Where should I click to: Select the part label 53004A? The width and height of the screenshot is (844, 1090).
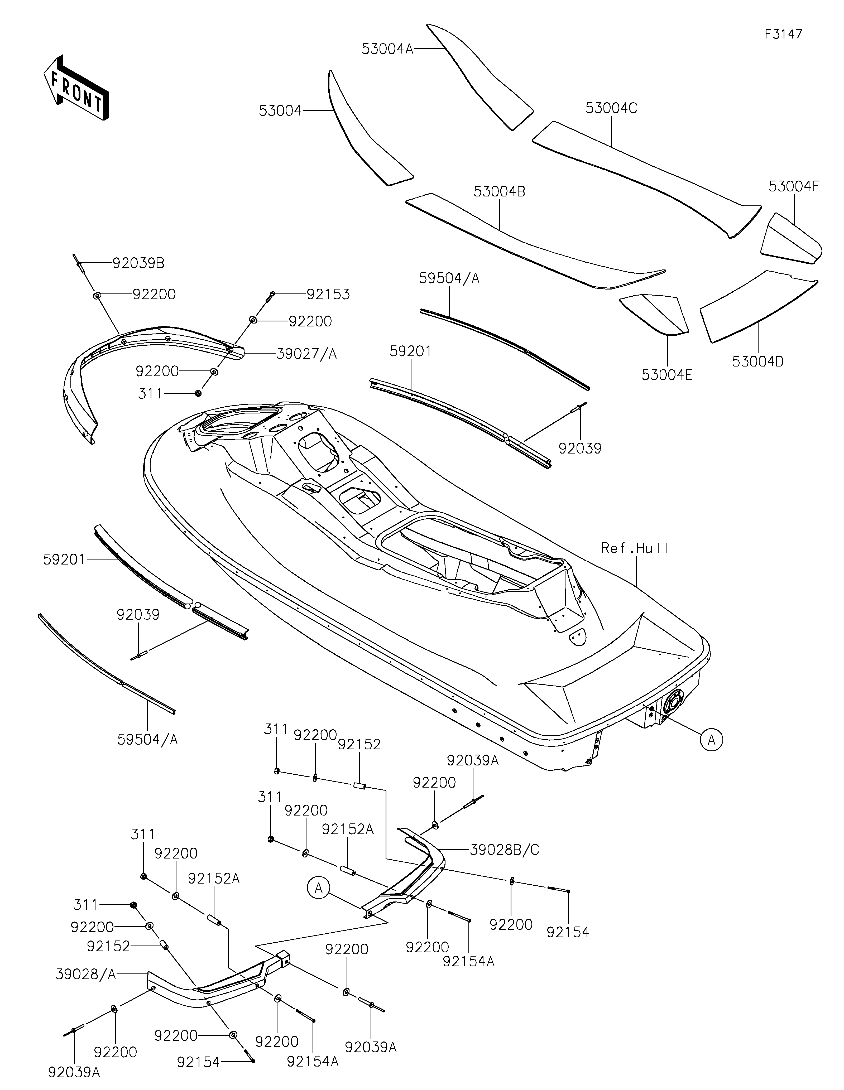click(387, 49)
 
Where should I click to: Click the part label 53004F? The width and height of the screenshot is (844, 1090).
click(794, 186)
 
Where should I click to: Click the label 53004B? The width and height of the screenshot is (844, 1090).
click(499, 192)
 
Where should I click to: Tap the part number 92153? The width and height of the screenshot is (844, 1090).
click(328, 295)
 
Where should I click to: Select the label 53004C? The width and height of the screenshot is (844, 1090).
click(611, 108)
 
